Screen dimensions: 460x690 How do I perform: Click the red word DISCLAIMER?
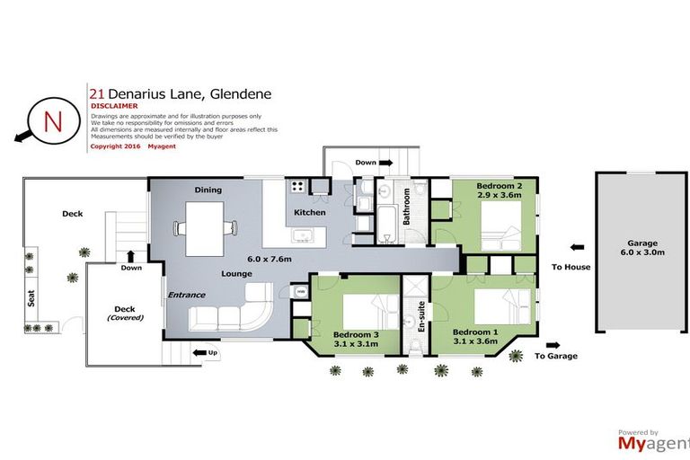113,106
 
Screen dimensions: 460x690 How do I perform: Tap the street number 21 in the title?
95,93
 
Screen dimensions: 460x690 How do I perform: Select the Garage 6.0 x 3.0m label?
642,248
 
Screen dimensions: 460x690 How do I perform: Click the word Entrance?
187,295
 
